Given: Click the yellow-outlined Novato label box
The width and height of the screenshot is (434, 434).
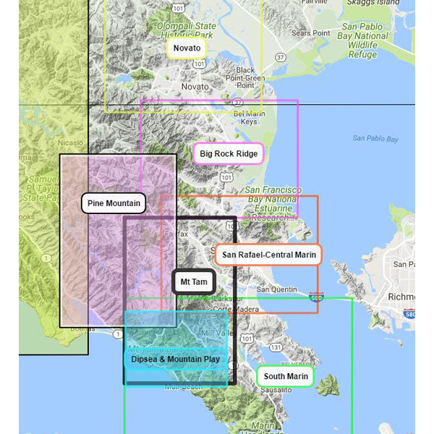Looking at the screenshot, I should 186,48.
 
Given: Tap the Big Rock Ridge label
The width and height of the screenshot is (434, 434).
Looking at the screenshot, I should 228,153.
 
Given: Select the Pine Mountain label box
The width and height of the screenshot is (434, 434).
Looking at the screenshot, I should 114,203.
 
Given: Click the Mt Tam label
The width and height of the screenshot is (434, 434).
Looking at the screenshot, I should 194,281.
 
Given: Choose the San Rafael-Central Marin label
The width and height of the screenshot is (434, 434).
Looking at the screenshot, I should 268,255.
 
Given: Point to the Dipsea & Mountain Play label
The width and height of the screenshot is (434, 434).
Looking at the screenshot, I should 176,359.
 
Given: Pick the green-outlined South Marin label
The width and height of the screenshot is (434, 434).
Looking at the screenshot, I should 285,376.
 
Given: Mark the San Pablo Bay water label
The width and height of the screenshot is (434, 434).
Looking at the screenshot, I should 375,138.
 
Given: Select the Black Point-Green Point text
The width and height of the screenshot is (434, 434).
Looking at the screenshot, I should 241,77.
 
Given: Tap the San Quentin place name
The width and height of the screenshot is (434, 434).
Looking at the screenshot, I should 277,289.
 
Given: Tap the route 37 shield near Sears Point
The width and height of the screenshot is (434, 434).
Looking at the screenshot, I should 281,56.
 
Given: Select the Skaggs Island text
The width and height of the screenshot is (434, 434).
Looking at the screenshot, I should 372,3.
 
